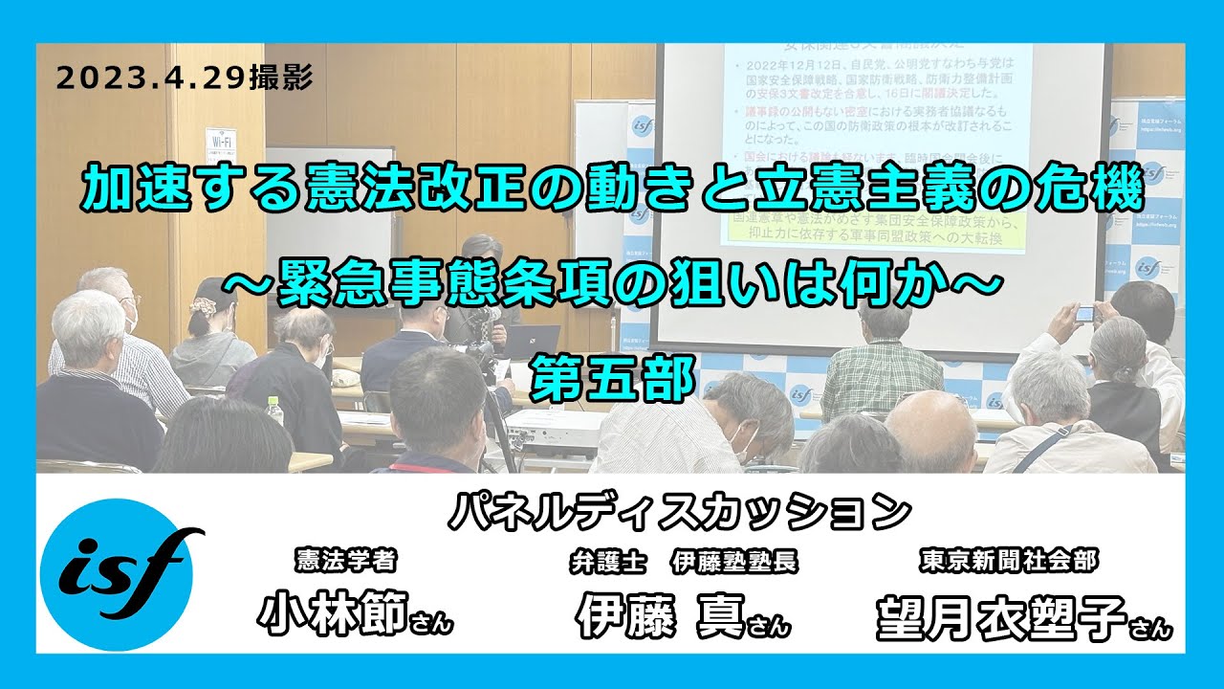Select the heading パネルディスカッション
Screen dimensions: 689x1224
point(679,510)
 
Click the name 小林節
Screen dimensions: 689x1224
point(334,612)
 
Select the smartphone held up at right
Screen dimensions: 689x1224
point(1085,313)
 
